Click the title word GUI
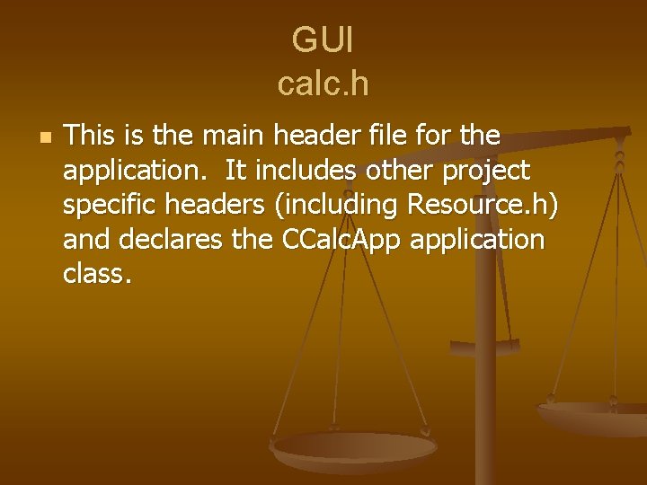(323, 40)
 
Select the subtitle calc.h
(323, 84)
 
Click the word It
(236, 171)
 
